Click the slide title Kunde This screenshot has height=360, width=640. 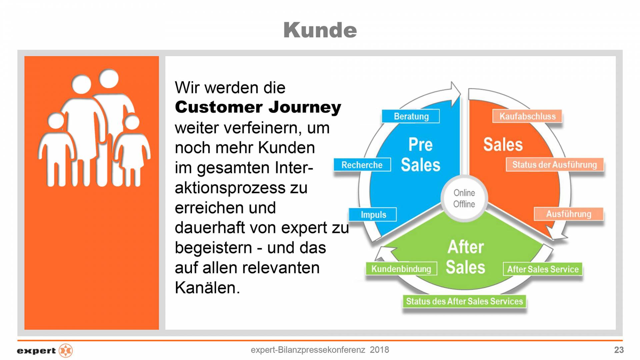[320, 30]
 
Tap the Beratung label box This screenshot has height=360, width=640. [411, 116]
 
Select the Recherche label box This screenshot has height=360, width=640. [362, 165]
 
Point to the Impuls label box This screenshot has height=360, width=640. [373, 215]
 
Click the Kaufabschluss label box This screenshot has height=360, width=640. [527, 116]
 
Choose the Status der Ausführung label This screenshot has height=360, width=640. [555, 165]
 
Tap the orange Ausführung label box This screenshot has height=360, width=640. [569, 214]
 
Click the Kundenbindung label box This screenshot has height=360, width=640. [401, 269]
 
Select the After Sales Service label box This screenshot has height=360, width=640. [543, 269]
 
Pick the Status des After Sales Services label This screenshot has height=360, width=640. [464, 301]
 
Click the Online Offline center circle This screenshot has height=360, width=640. [464, 198]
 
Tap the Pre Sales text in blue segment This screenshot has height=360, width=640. [420, 155]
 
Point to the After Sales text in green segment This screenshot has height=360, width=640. [465, 257]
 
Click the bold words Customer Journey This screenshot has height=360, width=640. [258, 107]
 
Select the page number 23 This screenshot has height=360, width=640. [619, 350]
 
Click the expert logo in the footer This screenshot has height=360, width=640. [45, 351]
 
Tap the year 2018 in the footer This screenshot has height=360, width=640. [379, 350]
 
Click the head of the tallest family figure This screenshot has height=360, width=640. [109, 79]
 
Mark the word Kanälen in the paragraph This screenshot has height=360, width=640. [207, 288]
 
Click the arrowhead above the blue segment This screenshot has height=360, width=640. [455, 94]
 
